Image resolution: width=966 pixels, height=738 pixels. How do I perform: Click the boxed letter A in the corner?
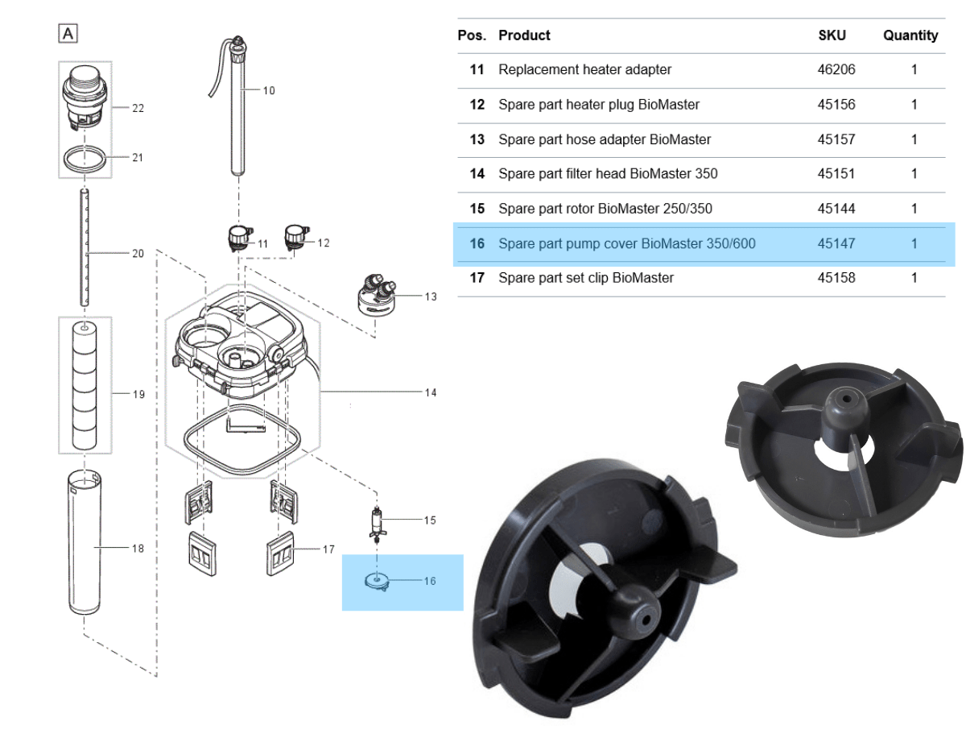pos(68,34)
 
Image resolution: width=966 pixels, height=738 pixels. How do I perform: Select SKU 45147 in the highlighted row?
pos(836,243)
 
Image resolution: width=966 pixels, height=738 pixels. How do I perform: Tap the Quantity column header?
pos(910,35)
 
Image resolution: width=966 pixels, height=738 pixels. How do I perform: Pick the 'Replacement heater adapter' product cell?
pos(584,70)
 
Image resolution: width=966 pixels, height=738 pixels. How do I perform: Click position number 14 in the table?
pos(477,174)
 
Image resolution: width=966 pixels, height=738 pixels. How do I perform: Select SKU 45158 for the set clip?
pos(836,278)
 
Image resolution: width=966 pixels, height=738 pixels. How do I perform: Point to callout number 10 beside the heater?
pos(269,90)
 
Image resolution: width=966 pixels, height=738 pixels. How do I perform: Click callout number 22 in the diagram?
pos(138,108)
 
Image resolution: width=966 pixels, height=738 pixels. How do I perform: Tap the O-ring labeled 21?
pos(85,160)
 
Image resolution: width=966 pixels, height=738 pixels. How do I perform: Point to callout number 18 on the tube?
pos(138,549)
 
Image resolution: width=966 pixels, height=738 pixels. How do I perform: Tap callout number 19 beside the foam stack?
pos(138,394)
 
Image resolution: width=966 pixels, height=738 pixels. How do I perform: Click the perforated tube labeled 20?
pos(85,247)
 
